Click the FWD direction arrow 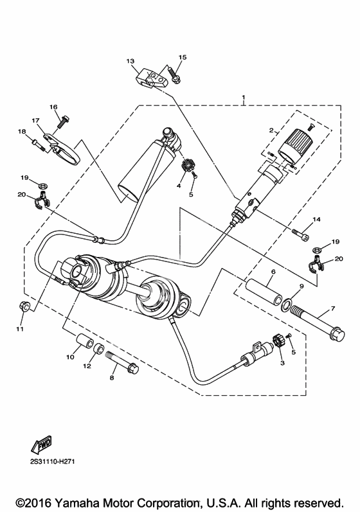tap(42, 445)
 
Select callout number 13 tap(130, 61)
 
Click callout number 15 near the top tap(183, 57)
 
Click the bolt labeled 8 tap(122, 360)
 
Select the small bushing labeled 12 tap(99, 349)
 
